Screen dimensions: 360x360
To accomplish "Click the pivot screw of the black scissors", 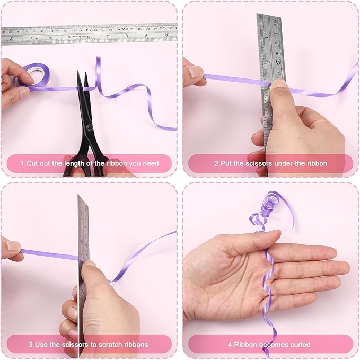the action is click(x=89, y=128).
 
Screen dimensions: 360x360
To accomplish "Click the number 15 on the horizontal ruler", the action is click(x=88, y=30).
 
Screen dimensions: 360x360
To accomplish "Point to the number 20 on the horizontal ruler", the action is click(x=125, y=29).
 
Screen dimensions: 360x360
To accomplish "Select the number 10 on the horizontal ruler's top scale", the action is click(x=51, y=31).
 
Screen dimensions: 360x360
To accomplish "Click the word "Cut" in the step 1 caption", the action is click(x=32, y=163).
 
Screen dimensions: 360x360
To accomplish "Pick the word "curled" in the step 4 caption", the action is click(x=300, y=345).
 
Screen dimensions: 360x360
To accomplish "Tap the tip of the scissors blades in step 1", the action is click(x=78, y=72).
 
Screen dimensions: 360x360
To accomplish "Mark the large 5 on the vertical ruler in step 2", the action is click(x=278, y=62).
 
